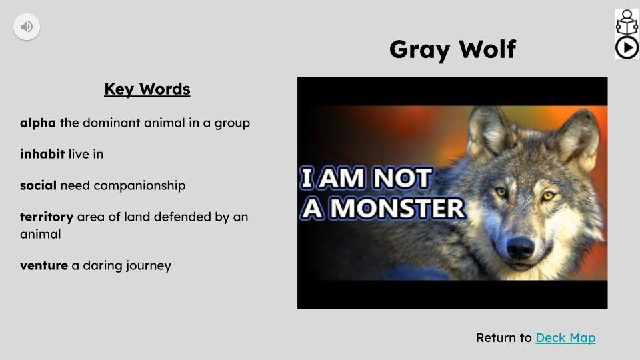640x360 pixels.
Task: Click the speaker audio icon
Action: pos(27,27)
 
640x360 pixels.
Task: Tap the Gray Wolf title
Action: pos(452,49)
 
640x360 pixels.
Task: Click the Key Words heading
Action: pos(147,89)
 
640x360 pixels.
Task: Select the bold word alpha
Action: pos(38,123)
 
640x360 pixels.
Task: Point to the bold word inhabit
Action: pos(42,154)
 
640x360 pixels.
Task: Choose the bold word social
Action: pos(38,185)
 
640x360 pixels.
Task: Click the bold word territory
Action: pos(47,217)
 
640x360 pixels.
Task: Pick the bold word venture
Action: pos(44,265)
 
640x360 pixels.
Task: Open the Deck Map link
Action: pos(565,338)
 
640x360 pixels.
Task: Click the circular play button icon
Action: pos(627,47)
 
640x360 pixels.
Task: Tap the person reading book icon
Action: pos(627,22)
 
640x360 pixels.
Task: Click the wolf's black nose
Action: pos(520,248)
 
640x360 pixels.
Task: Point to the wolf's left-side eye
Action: pos(501,193)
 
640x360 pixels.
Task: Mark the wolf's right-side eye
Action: pos(548,195)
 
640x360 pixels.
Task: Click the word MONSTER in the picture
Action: pos(397,209)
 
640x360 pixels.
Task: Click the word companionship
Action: pos(139,185)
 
